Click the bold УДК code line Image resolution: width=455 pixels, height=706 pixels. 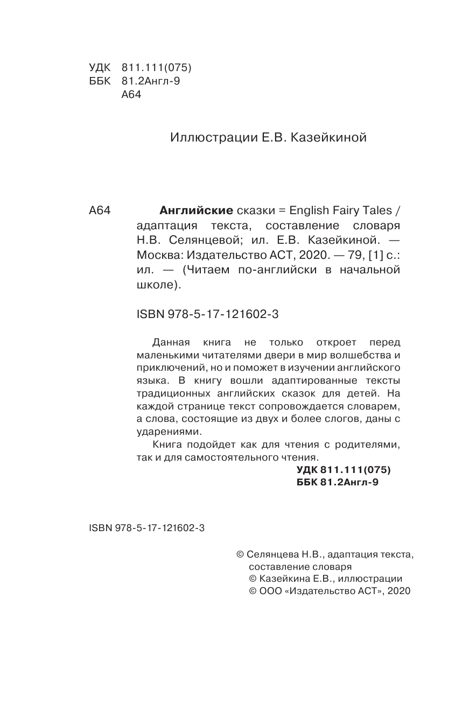tap(344, 470)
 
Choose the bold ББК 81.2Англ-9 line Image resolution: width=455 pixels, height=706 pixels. tap(338, 483)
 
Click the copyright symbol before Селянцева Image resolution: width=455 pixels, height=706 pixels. tap(241, 554)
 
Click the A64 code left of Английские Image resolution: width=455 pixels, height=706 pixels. tap(99, 211)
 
